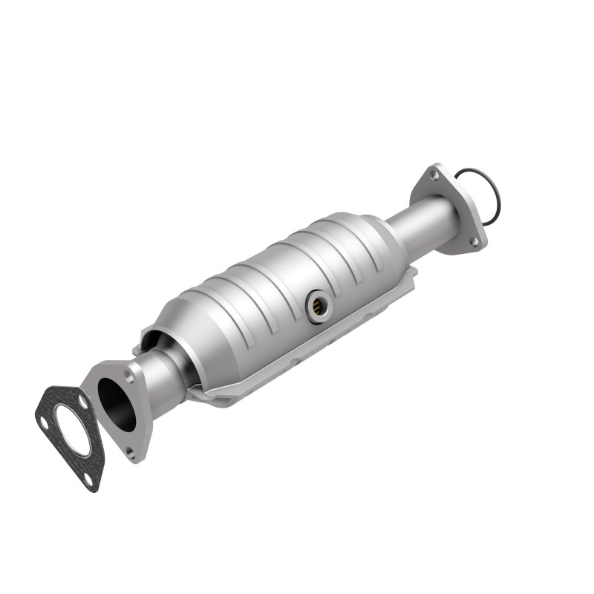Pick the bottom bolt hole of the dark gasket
click(x=89, y=479)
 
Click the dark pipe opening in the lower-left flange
click(x=117, y=404)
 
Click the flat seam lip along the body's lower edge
click(x=297, y=364)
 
